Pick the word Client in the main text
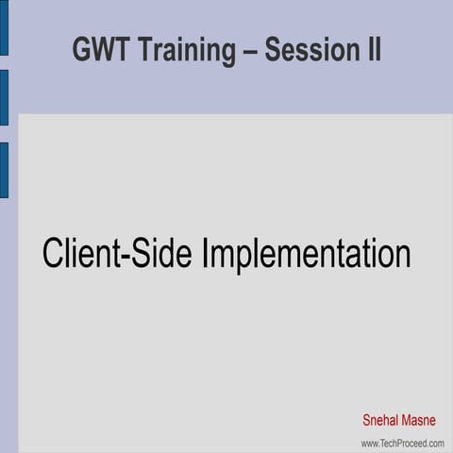pyautogui.click(x=79, y=254)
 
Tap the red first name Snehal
pyautogui.click(x=382, y=420)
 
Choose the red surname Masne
pyautogui.click(x=421, y=420)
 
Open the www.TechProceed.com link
pyautogui.click(x=402, y=443)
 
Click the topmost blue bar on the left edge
pyautogui.click(x=4, y=27)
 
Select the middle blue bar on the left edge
pyautogui.click(x=4, y=97)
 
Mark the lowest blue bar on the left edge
pyautogui.click(x=4, y=170)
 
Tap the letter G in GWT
pyautogui.click(x=82, y=50)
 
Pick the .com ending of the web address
pyautogui.click(x=434, y=443)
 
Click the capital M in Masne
pyautogui.click(x=408, y=420)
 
